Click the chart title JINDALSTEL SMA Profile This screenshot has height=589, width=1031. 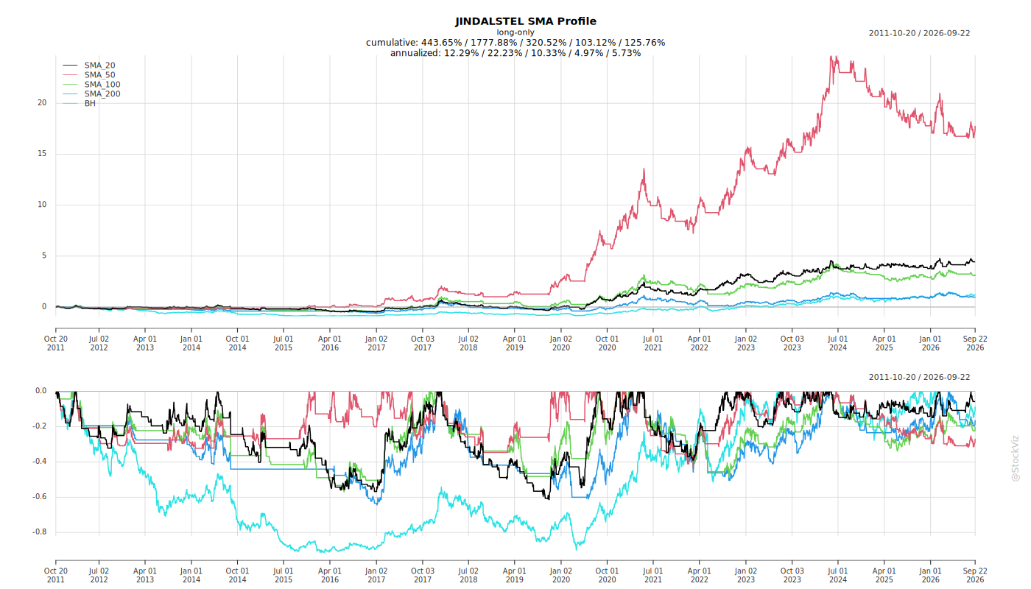[x=526, y=21]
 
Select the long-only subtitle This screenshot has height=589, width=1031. [x=515, y=32]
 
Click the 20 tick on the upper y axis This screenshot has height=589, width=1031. [x=42, y=102]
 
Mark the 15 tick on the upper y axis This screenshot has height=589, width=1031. [x=42, y=154]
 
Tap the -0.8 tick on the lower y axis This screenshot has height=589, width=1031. [x=40, y=532]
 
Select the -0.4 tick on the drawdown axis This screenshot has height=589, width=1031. [x=40, y=462]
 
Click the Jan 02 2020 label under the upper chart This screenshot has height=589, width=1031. [x=561, y=343]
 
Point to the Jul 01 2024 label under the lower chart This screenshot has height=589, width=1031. [x=838, y=575]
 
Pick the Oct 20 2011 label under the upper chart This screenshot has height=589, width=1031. [x=56, y=343]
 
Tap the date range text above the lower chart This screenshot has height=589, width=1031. [x=919, y=377]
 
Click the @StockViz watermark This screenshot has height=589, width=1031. [x=1016, y=458]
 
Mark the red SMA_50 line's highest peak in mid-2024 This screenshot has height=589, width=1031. [x=831, y=56]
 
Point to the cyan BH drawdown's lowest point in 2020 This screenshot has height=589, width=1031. [x=576, y=549]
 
